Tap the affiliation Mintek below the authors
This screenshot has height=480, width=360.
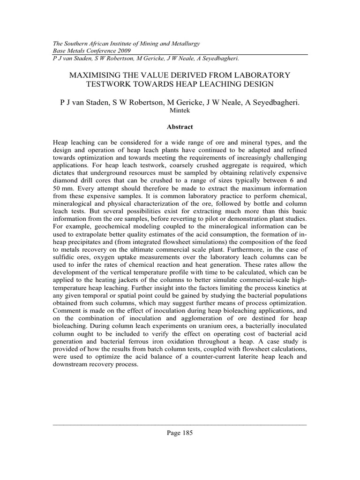[180, 111]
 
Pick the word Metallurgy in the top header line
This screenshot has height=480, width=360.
[184, 43]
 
